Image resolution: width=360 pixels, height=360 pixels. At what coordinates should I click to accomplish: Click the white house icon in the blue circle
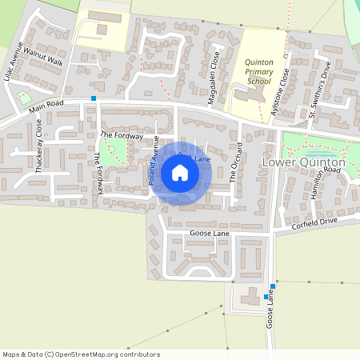(179, 173)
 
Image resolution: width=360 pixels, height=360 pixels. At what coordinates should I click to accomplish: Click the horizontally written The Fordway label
(122, 136)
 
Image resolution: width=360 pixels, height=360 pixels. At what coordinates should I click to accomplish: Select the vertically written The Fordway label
(100, 174)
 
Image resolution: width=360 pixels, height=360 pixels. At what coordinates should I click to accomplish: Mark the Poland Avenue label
(153, 165)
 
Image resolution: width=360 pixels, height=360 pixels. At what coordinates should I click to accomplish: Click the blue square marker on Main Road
(94, 98)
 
